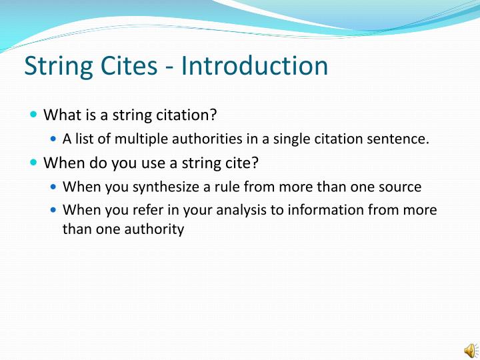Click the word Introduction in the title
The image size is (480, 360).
(x=255, y=66)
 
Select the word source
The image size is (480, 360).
(x=400, y=187)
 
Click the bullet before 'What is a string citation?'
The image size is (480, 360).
(x=34, y=115)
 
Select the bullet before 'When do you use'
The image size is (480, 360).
(x=34, y=163)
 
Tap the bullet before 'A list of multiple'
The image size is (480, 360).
(x=54, y=139)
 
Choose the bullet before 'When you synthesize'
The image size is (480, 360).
(x=54, y=187)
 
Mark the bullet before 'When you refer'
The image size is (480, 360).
(x=54, y=210)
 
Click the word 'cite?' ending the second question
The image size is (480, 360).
(x=243, y=163)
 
